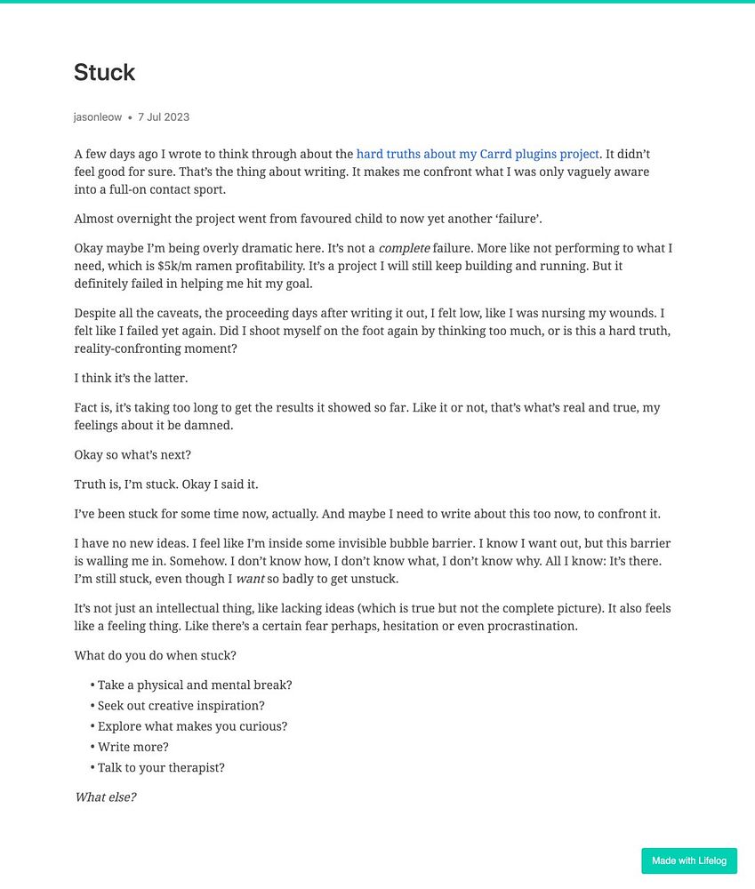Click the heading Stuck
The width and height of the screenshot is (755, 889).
click(x=104, y=72)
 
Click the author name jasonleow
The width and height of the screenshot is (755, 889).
click(x=98, y=117)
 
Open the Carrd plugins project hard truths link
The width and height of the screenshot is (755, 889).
click(x=478, y=154)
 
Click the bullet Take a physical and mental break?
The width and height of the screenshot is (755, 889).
click(x=195, y=685)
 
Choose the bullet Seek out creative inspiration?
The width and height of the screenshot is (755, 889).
click(x=181, y=706)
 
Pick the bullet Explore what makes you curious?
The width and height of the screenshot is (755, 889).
click(x=192, y=726)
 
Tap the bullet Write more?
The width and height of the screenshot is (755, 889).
click(x=133, y=747)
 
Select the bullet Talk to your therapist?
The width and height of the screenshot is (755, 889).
click(x=161, y=767)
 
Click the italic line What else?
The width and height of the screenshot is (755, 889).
click(x=105, y=797)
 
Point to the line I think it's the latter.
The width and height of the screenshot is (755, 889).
click(x=131, y=378)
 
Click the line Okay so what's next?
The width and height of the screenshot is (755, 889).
click(x=133, y=455)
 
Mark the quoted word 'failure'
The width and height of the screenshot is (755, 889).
click(x=517, y=219)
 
